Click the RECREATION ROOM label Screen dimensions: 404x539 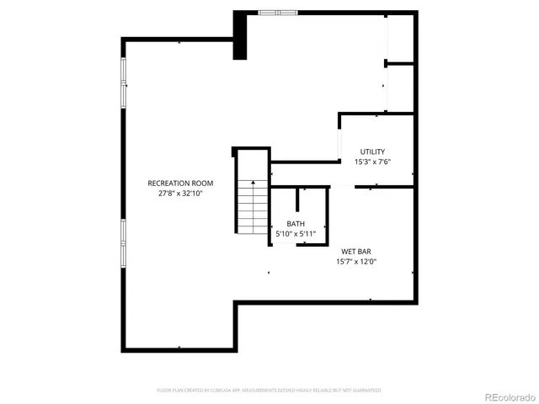(x=180, y=183)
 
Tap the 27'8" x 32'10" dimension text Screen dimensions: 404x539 (x=180, y=193)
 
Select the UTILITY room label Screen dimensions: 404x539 (x=372, y=151)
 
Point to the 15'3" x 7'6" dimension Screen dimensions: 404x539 (x=372, y=162)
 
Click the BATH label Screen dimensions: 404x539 (x=296, y=223)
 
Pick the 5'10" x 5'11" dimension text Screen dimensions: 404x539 (x=296, y=233)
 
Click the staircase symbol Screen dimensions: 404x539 (x=250, y=207)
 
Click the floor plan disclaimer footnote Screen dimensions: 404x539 (x=269, y=391)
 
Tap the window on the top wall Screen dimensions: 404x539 (x=278, y=12)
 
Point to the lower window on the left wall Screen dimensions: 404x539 (x=124, y=242)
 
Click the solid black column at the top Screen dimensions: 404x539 (x=241, y=35)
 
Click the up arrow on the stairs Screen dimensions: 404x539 (x=252, y=183)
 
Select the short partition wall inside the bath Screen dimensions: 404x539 (x=297, y=200)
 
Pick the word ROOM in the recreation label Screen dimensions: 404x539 (x=202, y=183)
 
